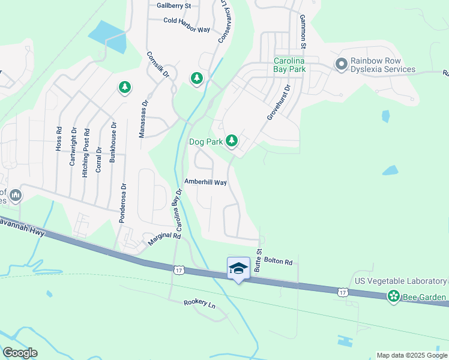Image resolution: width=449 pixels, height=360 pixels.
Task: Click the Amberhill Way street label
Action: click(205, 182)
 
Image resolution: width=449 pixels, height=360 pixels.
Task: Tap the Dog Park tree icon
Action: click(232, 142)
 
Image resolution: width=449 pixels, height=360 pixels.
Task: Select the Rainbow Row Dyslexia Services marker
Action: click(342, 64)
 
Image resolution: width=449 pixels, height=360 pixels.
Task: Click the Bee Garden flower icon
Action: click(394, 296)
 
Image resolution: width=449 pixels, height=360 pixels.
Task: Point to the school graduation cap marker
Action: click(238, 268)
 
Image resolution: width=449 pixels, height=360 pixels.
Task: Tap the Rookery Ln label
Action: click(199, 304)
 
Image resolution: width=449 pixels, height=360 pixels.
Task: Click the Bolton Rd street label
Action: click(280, 262)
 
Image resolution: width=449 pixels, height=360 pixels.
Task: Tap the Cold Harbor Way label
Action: click(187, 20)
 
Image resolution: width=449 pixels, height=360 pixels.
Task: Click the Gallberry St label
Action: click(173, 5)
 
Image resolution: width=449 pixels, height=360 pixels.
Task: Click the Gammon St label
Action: click(303, 32)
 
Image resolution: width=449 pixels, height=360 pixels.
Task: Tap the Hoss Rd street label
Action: click(58, 138)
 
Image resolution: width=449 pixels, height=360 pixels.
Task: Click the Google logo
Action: click(20, 353)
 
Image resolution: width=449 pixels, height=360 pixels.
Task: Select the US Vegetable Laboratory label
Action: click(401, 281)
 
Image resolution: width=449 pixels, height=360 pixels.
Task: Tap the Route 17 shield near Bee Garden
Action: click(342, 292)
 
